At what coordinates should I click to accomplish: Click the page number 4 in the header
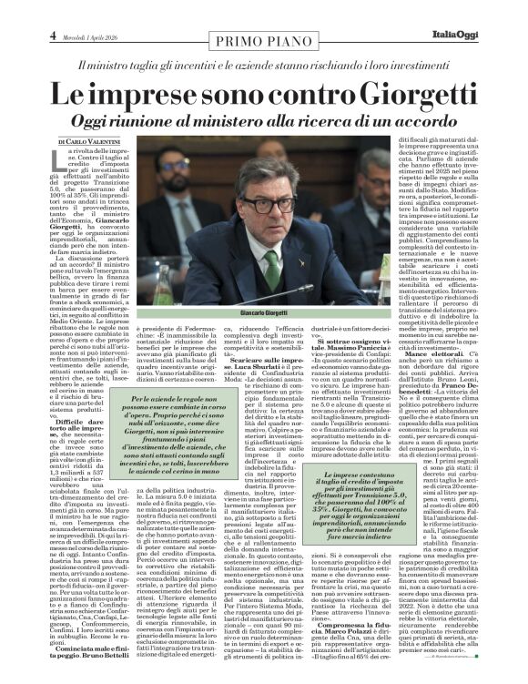[53, 35]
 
